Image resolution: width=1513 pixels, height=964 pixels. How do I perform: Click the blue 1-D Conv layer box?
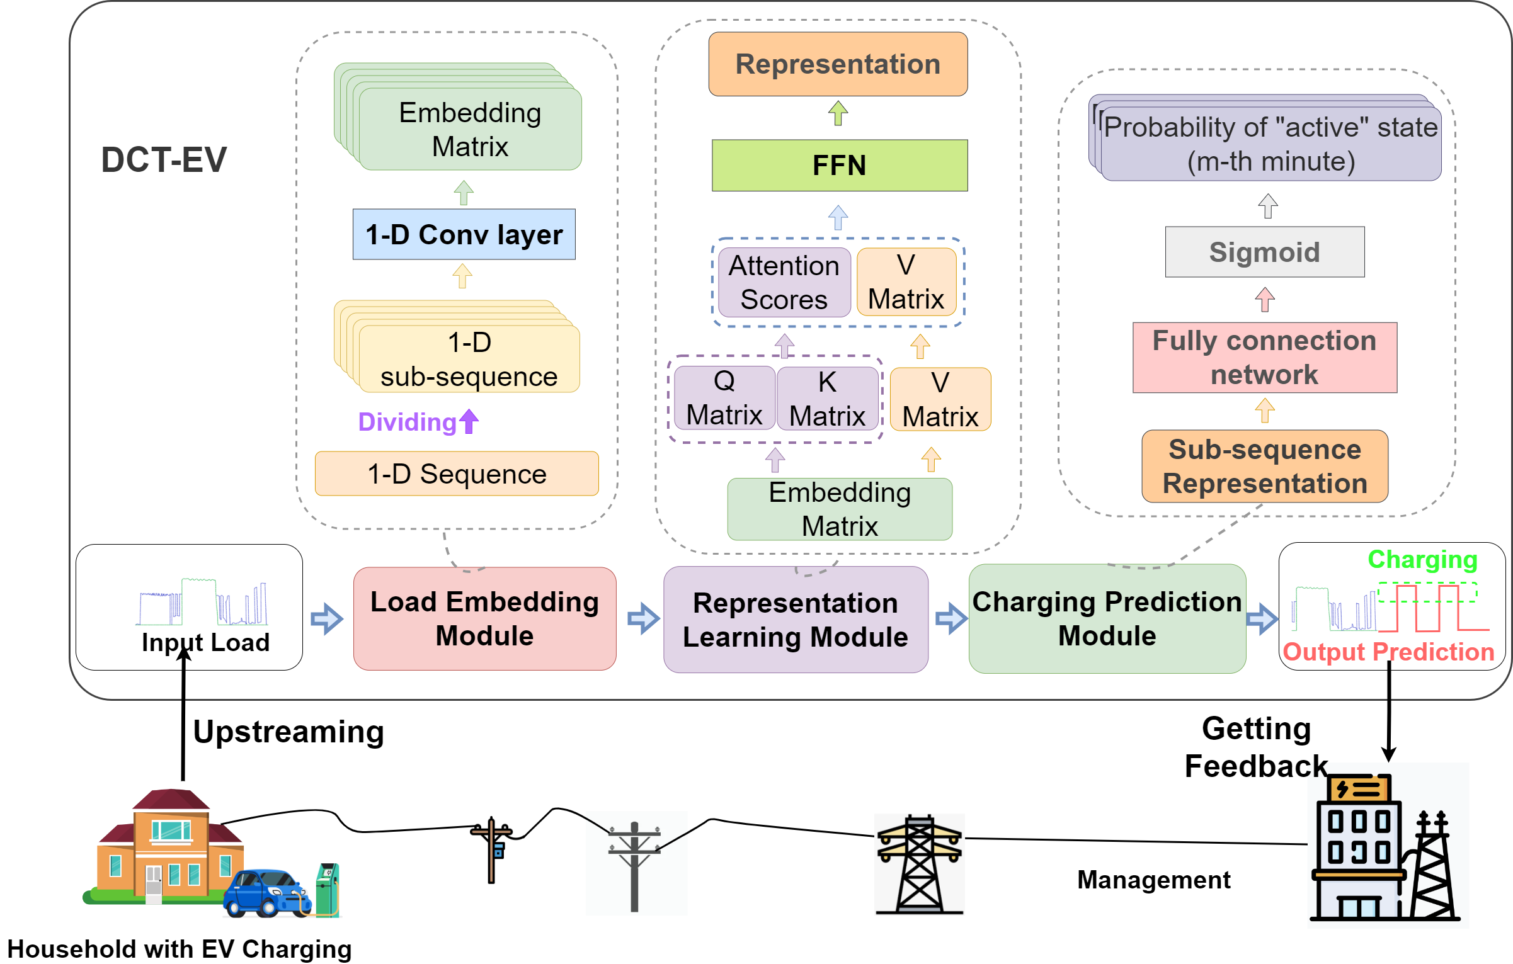tap(464, 234)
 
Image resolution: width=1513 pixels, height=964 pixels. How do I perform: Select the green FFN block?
tap(839, 166)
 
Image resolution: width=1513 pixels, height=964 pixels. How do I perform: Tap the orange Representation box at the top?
tap(838, 64)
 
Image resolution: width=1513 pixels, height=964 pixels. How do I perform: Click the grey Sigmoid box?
tap(1264, 252)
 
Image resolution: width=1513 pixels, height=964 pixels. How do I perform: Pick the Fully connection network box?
tap(1264, 358)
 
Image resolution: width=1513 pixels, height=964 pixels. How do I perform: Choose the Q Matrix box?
tap(724, 399)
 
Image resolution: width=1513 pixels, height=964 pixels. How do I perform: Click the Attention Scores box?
tap(784, 283)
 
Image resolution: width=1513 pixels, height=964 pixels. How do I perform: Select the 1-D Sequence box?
tap(457, 473)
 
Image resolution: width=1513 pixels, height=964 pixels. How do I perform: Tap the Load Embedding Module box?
tap(484, 618)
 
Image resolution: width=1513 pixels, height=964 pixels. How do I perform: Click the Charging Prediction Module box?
tap(1107, 618)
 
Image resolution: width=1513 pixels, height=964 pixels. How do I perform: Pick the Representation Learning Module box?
tap(795, 620)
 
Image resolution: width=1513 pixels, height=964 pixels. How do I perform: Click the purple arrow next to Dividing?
tap(469, 421)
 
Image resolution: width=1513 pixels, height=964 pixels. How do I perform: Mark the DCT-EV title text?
tap(164, 160)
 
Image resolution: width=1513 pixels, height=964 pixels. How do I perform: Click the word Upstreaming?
tap(288, 732)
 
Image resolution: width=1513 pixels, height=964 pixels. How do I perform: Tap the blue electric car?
tap(265, 893)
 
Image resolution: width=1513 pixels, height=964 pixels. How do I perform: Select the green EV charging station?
tap(327, 889)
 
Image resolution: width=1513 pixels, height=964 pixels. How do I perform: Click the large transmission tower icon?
tap(919, 864)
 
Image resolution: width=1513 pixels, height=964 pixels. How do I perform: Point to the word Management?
tap(1153, 880)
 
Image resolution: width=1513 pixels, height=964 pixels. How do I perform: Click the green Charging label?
tap(1422, 559)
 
